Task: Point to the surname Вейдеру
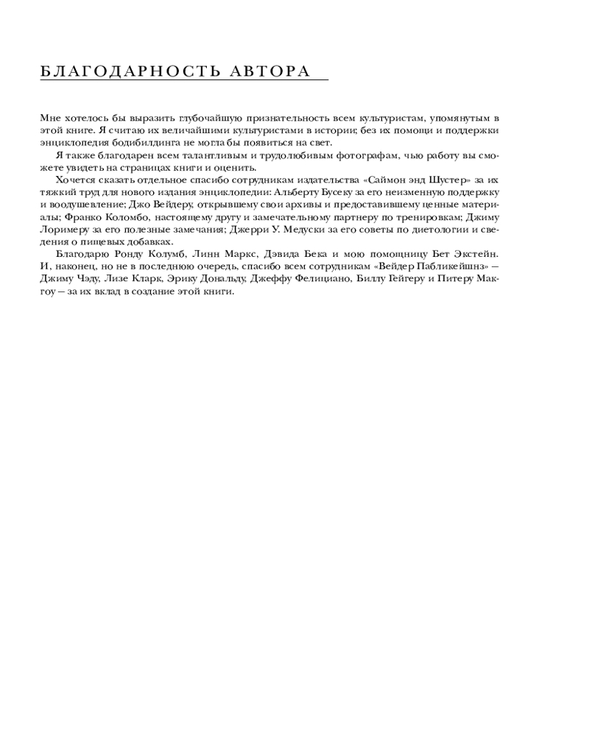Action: point(169,205)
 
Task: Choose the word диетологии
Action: point(428,230)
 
